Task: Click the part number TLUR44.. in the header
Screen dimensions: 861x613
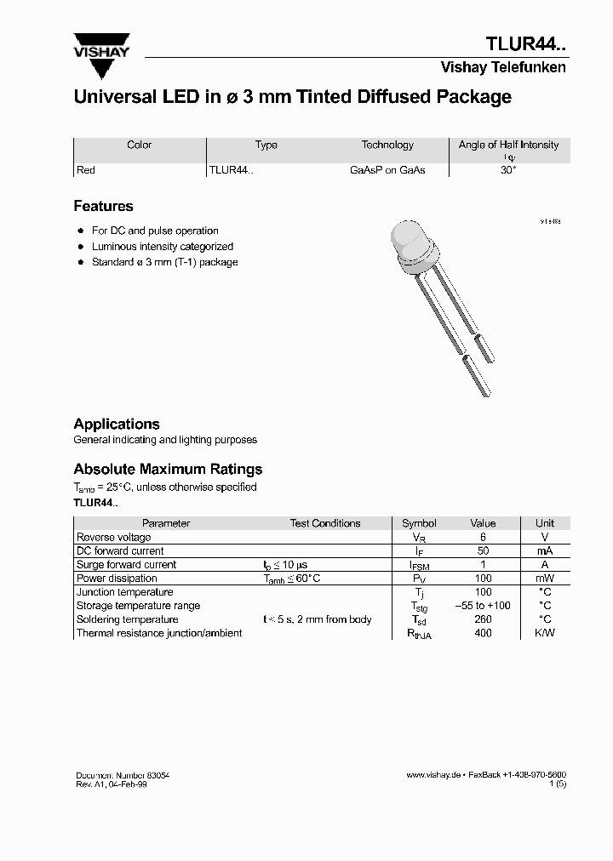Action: [x=525, y=45]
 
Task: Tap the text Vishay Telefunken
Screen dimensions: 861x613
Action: [x=502, y=68]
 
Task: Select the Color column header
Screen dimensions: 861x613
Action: [x=139, y=145]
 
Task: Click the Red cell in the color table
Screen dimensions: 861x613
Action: [x=86, y=170]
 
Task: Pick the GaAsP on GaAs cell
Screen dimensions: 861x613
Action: [x=387, y=170]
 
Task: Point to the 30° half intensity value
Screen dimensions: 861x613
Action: [x=508, y=170]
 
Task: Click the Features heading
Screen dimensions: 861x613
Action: [x=103, y=206]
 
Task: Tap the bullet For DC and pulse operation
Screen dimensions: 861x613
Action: [x=155, y=231]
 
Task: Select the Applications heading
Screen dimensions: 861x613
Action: [x=117, y=424]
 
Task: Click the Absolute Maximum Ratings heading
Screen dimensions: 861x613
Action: [x=168, y=469]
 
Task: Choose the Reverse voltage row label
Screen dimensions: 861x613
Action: [x=114, y=538]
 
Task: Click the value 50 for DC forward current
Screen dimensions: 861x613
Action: [x=483, y=551]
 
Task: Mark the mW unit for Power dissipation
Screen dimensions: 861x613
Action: [x=545, y=579]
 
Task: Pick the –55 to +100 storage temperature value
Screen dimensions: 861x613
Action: [x=483, y=606]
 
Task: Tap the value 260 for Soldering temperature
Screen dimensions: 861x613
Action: [x=483, y=619]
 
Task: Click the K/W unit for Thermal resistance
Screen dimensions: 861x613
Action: [x=545, y=633]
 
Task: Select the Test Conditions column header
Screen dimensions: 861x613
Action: [x=325, y=523]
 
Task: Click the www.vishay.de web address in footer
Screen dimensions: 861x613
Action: [x=433, y=775]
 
